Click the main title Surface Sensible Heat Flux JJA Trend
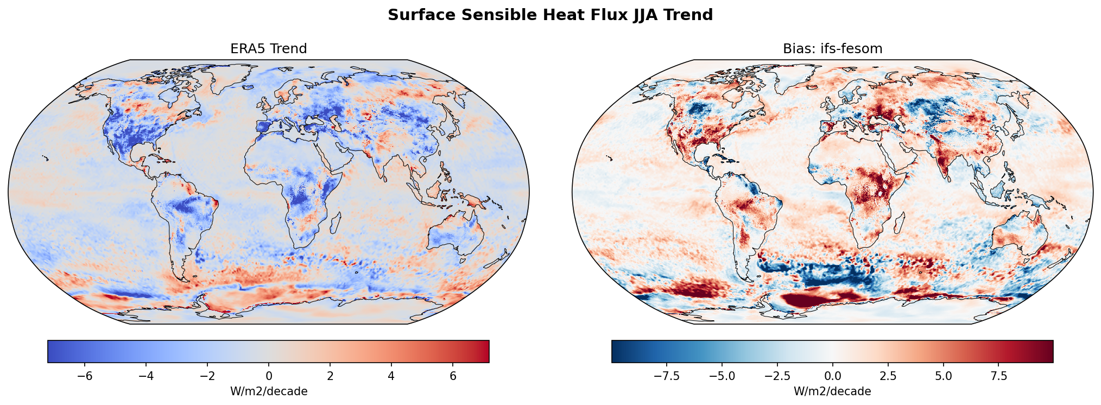[550, 15]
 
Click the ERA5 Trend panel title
[269, 49]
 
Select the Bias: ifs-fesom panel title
[832, 49]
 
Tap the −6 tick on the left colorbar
[85, 376]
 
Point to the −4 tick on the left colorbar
[146, 376]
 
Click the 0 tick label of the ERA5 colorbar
[269, 376]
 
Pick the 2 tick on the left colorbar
[330, 376]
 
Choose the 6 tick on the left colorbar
[452, 376]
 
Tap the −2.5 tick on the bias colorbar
[777, 376]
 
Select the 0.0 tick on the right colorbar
[832, 376]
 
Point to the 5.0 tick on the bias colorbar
[943, 376]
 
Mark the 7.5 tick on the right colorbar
[998, 376]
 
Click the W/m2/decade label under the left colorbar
[269, 391]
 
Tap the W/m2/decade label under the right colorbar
[832, 391]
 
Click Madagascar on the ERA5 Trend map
[336, 222]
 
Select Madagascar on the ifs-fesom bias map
[899, 222]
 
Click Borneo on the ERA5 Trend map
[434, 191]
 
